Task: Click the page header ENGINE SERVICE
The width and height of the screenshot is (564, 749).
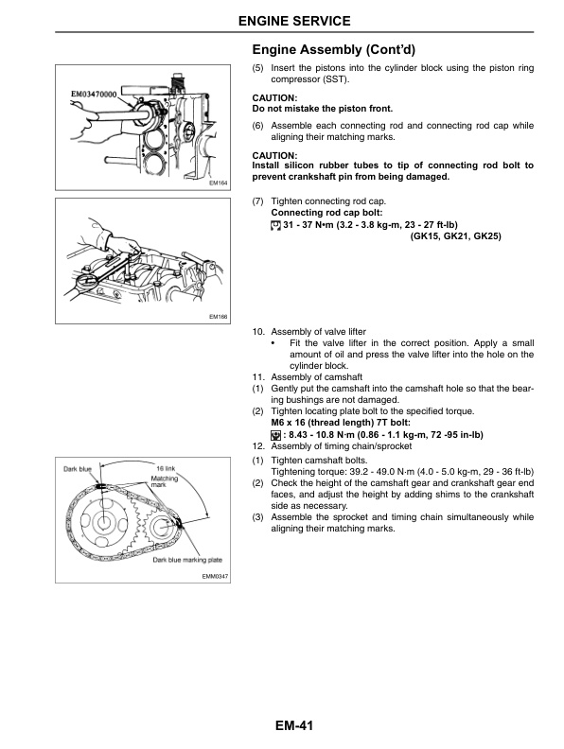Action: (281, 20)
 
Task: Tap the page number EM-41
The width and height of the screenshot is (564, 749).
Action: (281, 726)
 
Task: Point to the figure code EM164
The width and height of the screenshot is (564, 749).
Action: (219, 183)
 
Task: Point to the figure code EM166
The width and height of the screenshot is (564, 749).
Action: (219, 317)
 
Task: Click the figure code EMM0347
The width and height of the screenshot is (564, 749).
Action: (215, 577)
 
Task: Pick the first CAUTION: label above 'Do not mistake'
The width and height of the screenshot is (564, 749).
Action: (274, 98)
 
